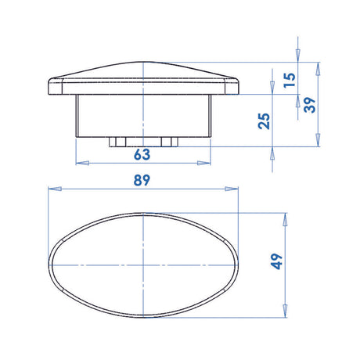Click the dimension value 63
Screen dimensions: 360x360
point(142,154)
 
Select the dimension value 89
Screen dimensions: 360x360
point(142,179)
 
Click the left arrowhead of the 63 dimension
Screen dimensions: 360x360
point(80,164)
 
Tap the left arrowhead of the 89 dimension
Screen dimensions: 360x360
point(52,189)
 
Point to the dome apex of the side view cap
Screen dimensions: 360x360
point(144,62)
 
